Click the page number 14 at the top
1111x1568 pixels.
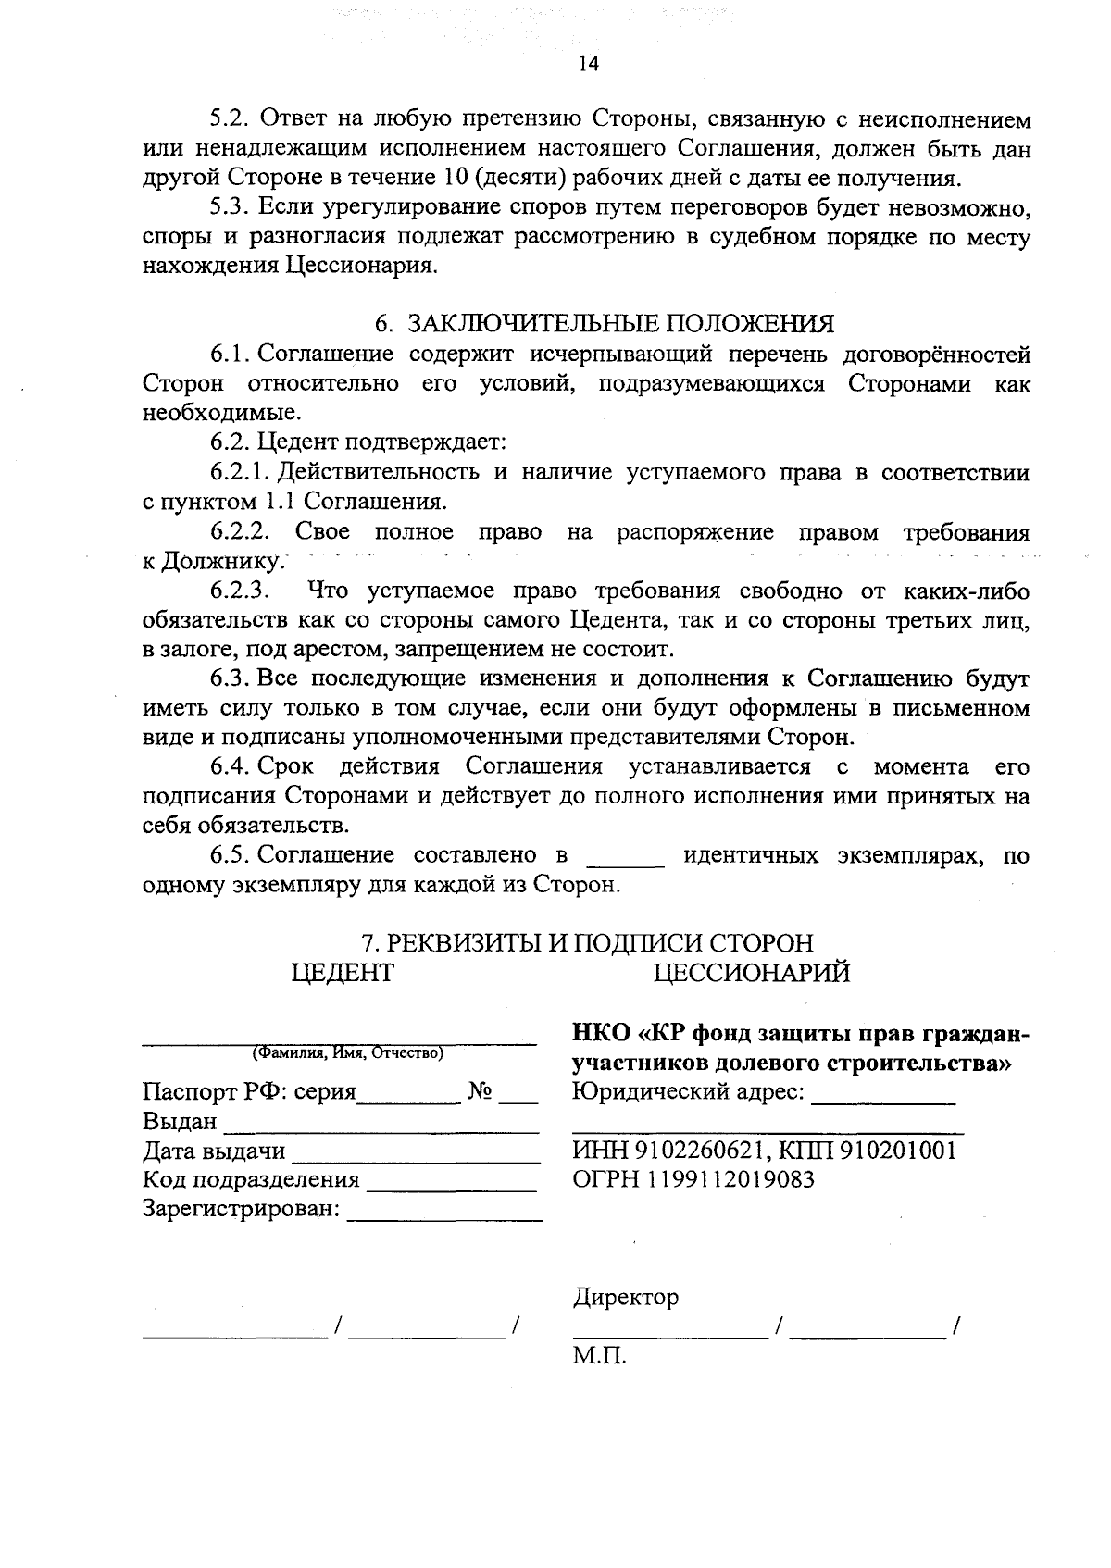(589, 63)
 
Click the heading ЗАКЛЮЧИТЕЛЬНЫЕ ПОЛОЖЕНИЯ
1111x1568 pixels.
(620, 323)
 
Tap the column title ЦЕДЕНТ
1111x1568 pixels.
(342, 973)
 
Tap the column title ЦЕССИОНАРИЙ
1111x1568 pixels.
(751, 973)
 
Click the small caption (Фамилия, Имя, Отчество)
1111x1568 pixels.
(347, 1053)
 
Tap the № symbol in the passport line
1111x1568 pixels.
(480, 1091)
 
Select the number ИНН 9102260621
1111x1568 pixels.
(666, 1151)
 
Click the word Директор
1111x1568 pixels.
(625, 1297)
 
